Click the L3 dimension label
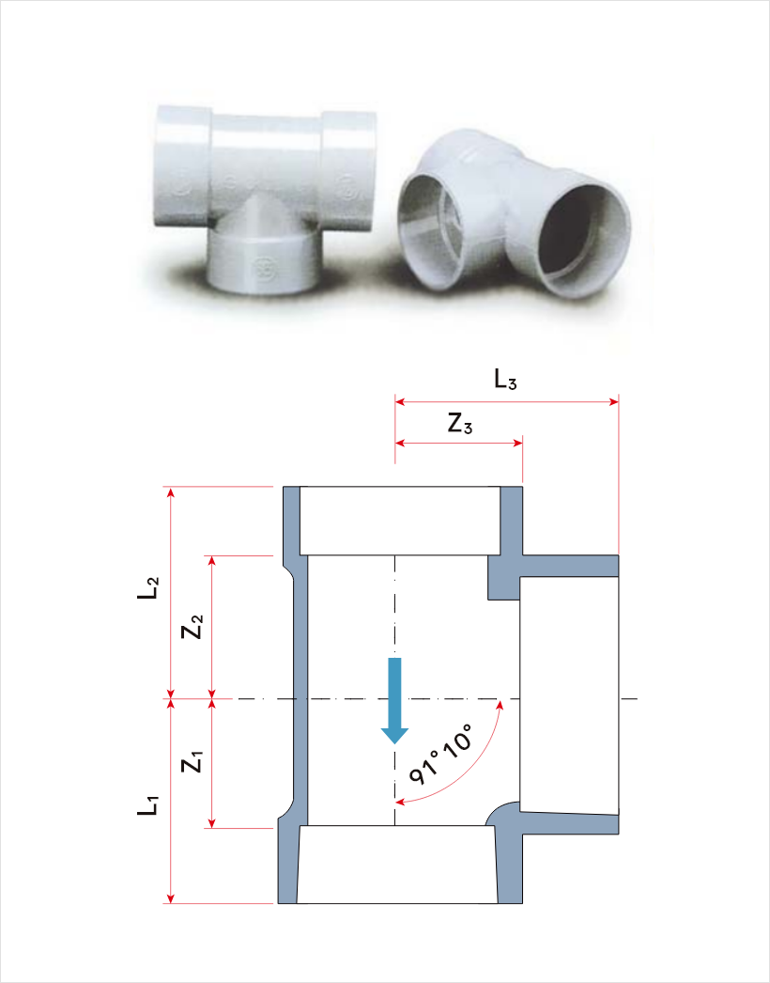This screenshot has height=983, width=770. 505,380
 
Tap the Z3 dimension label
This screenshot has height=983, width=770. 460,425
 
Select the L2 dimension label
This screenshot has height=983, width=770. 148,588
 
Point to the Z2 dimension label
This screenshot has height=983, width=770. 192,626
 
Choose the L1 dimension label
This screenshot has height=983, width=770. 148,805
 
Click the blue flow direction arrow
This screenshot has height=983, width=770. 394,700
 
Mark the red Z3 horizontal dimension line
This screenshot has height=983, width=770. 458,444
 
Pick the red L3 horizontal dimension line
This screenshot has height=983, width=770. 507,402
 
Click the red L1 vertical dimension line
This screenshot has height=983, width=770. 170,801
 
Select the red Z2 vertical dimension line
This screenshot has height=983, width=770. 212,627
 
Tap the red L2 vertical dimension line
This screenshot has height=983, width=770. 170,592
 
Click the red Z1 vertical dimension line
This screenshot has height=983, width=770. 212,763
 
